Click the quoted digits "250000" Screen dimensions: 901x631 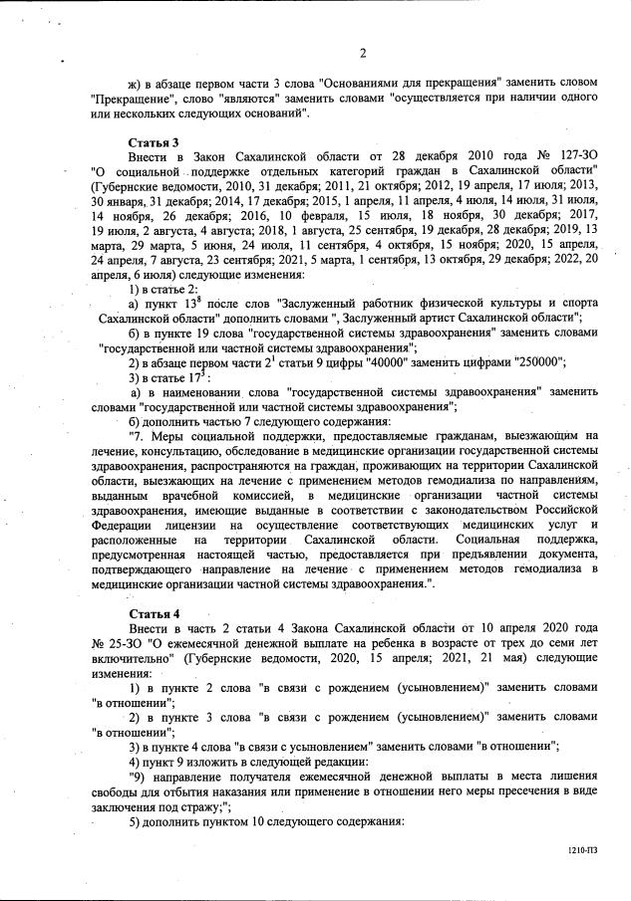coord(538,362)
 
